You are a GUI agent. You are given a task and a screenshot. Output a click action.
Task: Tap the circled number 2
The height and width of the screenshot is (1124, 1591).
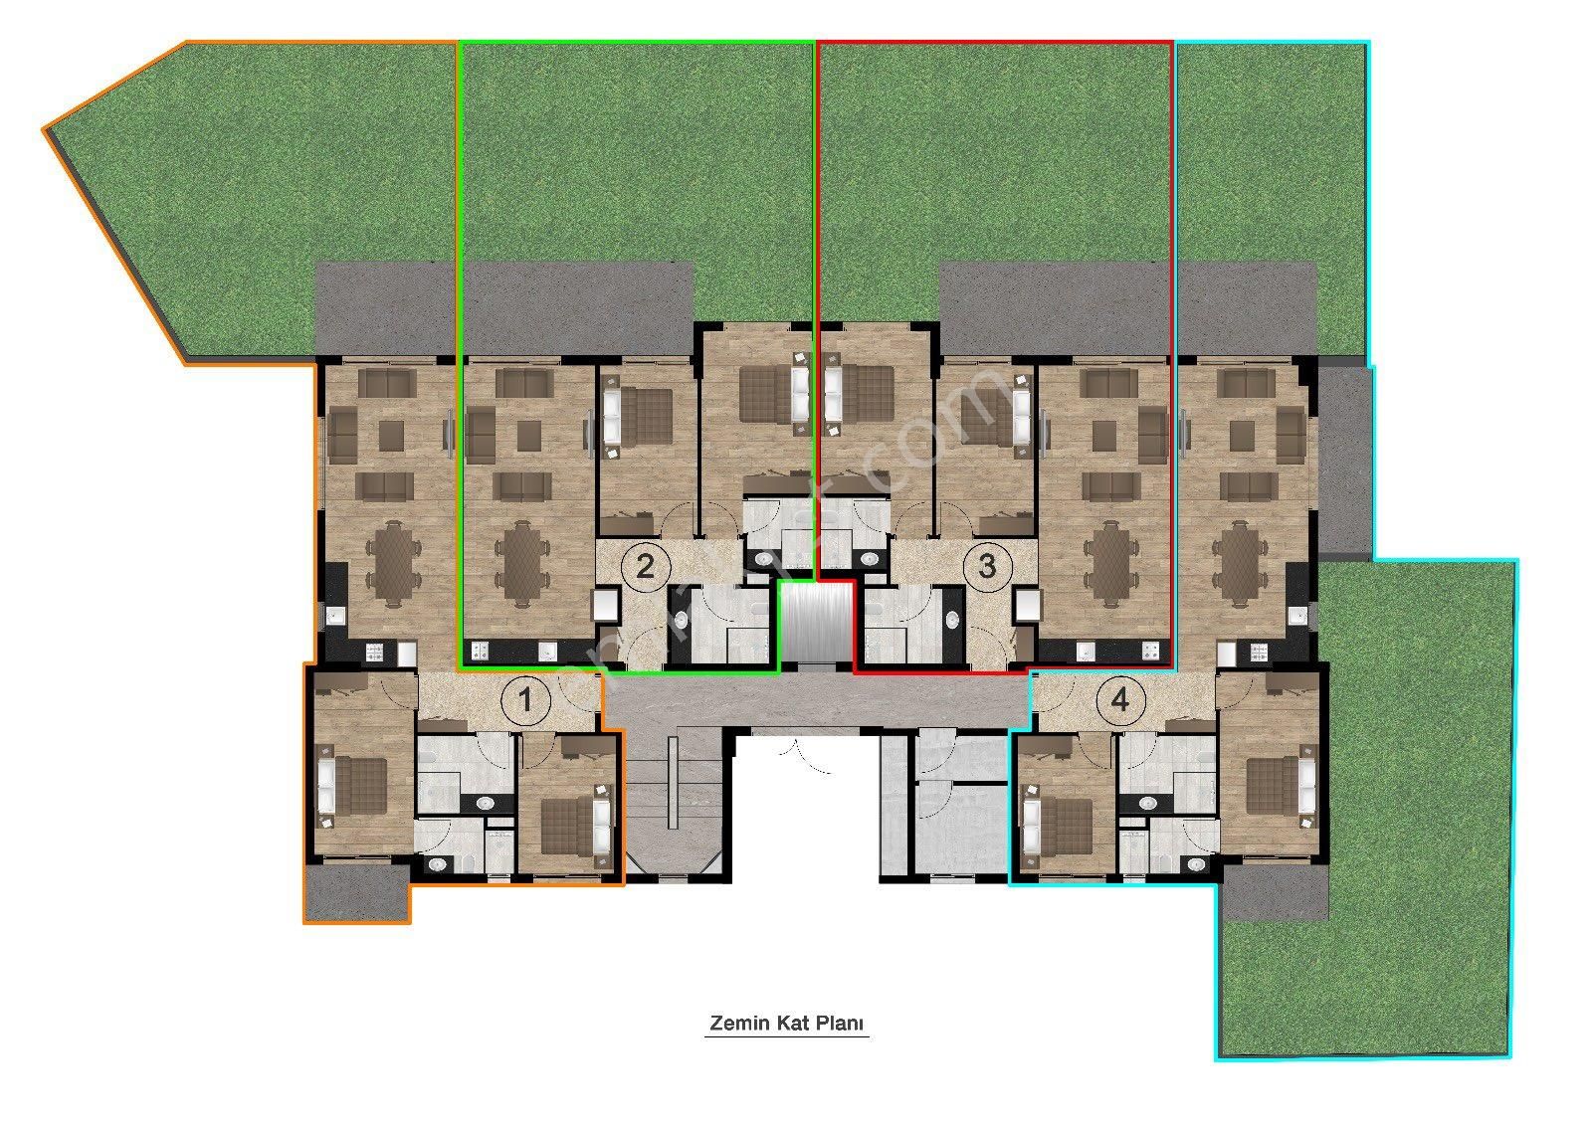click(645, 567)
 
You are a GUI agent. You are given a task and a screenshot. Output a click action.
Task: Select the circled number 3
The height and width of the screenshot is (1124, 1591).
click(986, 566)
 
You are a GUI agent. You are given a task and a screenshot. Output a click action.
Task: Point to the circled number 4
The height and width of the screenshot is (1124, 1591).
click(1120, 701)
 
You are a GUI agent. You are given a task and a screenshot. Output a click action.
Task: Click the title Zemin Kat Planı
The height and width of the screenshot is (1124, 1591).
click(787, 1024)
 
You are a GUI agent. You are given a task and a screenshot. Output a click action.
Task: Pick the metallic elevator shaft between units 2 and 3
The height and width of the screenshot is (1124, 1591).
click(816, 624)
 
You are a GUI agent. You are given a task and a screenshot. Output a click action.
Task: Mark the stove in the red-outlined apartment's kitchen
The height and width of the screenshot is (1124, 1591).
click(1151, 653)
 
